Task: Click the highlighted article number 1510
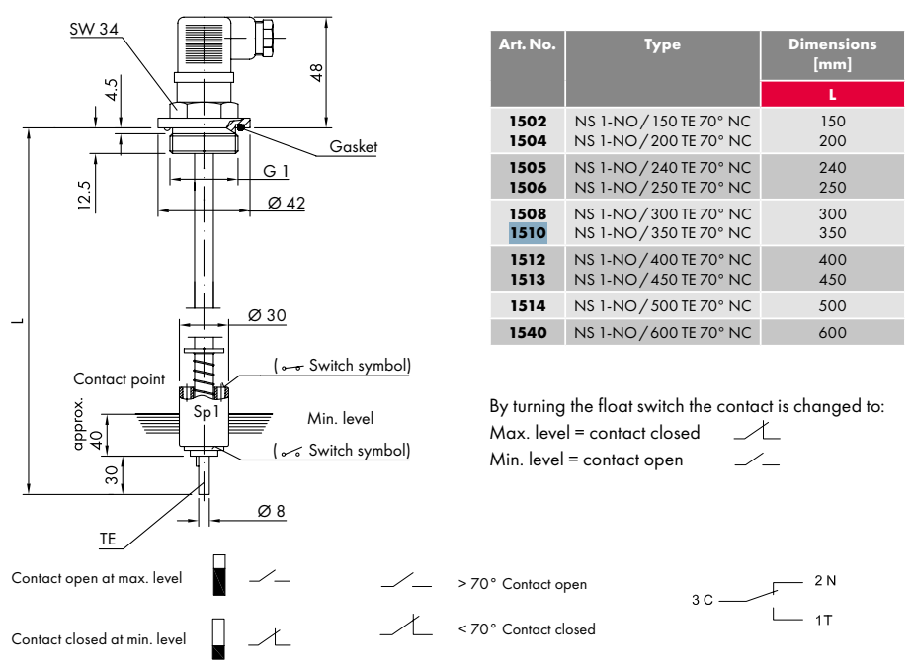coord(528,233)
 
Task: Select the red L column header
coord(832,94)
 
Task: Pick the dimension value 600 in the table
coord(832,333)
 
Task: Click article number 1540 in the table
coord(528,333)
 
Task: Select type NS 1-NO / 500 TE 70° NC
coord(662,306)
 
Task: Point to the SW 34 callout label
coord(94,29)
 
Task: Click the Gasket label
coord(354,146)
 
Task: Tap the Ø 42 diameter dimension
coord(287,203)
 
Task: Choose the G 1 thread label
coord(276,171)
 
